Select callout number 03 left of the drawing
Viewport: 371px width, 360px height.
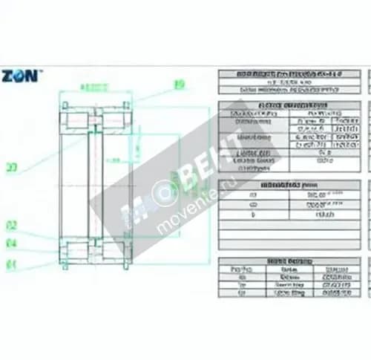[x=11, y=168]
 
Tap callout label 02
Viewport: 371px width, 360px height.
[x=11, y=225]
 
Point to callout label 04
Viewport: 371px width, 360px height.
[x=11, y=243]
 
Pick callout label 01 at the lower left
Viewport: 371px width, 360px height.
[x=11, y=264]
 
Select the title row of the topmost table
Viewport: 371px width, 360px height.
[x=289, y=74]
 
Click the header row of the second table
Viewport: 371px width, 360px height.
[x=289, y=106]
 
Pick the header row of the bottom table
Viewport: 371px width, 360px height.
[x=289, y=261]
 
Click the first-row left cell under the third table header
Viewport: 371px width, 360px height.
[x=253, y=194]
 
